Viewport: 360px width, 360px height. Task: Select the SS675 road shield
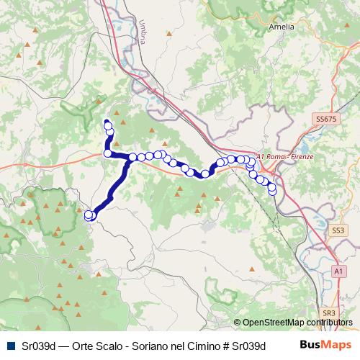325,117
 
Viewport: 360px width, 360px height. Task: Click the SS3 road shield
338,230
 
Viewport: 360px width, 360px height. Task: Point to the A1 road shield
338,270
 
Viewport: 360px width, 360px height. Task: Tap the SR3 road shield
329,313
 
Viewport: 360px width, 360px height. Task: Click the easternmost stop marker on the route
272,190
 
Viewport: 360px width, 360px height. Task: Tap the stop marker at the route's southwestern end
89,215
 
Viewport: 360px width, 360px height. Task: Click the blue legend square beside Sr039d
11,346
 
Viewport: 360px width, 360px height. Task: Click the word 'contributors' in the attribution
328,323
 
